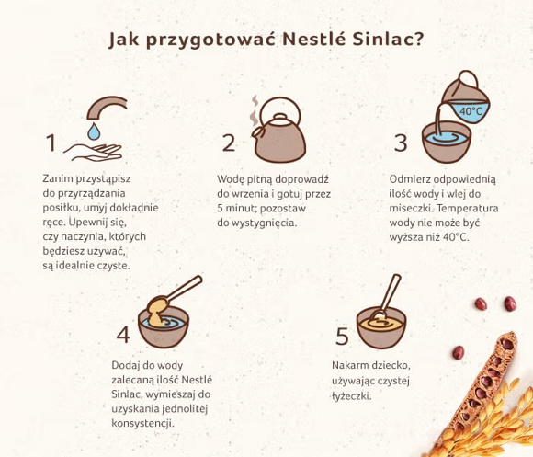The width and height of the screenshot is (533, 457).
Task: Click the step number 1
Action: pos(51,143)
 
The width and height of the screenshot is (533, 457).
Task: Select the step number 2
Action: pos(229,143)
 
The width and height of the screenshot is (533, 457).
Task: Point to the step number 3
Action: pos(401,143)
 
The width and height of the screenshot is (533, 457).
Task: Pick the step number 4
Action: pos(123,335)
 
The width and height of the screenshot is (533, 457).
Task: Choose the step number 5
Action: pos(342,337)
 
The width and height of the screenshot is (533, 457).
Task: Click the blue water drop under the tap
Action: pos(94,131)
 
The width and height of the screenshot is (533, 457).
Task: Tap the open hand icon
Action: pos(93,153)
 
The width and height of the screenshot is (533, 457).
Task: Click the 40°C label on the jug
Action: pos(471,111)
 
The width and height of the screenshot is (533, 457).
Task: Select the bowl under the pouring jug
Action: pos(447,143)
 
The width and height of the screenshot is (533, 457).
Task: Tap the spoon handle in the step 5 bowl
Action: pos(391,292)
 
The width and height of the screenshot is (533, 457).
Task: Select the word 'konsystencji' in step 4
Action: pos(142,424)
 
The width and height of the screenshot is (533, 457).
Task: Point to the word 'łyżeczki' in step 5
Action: pos(352,396)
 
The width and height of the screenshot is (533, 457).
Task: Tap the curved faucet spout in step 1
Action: pos(106,106)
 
